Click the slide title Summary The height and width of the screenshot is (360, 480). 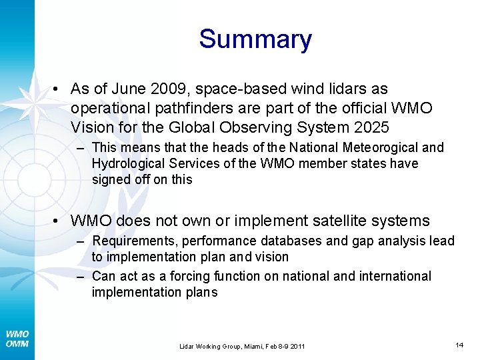255,39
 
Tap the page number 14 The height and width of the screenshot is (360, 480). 459,345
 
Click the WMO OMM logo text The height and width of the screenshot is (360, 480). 17,339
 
